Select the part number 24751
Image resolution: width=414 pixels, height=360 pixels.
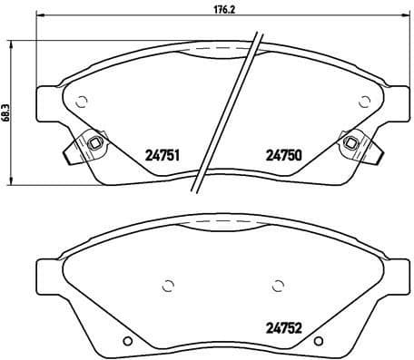161,155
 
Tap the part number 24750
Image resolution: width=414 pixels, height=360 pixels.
281,155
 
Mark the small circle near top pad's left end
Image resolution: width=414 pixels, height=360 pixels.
81,102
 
